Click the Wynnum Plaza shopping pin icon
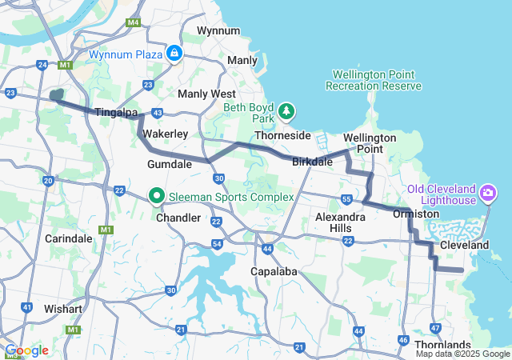174,54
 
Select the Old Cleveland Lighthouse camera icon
488,194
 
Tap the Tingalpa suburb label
118,113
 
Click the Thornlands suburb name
443,345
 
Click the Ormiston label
416,214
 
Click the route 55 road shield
346,198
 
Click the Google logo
26,350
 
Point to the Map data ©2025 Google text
462,354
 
